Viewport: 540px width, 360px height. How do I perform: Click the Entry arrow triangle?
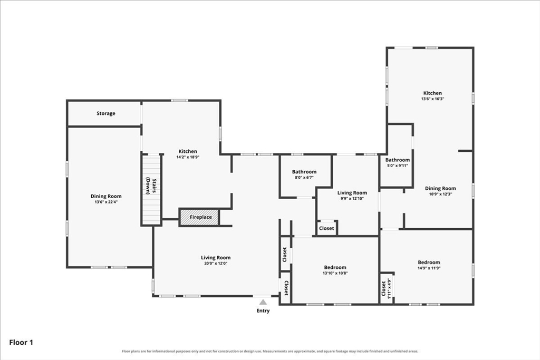click(x=263, y=302)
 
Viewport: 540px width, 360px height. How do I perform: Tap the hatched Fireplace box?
click(x=199, y=217)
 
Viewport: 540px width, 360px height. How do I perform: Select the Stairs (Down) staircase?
click(x=151, y=190)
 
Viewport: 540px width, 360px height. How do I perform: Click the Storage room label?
click(x=105, y=113)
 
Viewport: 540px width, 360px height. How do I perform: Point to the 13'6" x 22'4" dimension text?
click(x=106, y=202)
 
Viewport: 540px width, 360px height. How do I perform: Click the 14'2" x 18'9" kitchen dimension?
click(x=188, y=157)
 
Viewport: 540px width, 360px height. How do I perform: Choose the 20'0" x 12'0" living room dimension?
click(x=216, y=264)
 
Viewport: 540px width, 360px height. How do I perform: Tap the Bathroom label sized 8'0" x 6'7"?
click(x=304, y=172)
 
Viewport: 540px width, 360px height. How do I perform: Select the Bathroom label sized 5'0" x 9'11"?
click(x=398, y=160)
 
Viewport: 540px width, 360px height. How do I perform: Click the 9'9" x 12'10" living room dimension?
click(x=352, y=198)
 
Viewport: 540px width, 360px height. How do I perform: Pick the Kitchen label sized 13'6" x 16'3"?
click(x=432, y=93)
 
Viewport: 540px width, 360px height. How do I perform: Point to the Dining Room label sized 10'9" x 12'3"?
click(x=440, y=188)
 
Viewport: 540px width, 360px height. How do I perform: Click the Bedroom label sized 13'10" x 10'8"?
click(x=335, y=267)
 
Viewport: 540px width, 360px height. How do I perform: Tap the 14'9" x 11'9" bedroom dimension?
click(x=429, y=268)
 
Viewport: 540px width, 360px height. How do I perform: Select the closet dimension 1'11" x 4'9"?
click(x=390, y=288)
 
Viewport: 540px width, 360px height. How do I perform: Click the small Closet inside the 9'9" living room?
click(x=326, y=228)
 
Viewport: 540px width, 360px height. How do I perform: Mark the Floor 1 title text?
click(x=21, y=343)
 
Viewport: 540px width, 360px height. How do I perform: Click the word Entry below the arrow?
click(x=263, y=311)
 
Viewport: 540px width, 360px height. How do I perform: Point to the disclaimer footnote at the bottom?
click(x=270, y=352)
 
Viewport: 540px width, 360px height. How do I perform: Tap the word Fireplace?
click(x=201, y=217)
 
